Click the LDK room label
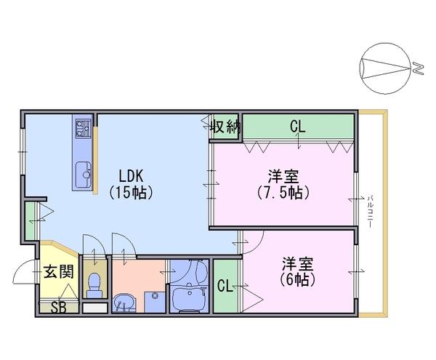131,176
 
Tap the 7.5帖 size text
283,192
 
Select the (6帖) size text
297,279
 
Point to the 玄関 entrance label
59,271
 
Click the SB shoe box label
59,308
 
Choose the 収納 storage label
225,127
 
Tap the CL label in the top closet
298,127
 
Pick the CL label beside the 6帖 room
225,286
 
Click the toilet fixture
94,285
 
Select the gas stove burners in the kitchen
83,129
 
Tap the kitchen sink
83,174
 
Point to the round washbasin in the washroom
124,303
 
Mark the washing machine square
155,302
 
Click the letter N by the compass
417,68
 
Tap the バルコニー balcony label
370,212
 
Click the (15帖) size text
131,192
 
